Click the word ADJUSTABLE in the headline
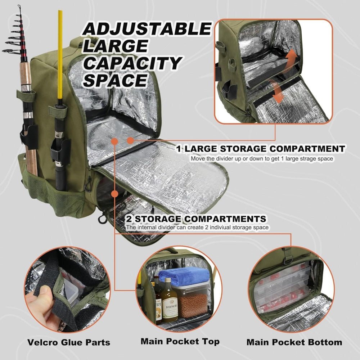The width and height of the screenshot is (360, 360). click(x=146, y=29)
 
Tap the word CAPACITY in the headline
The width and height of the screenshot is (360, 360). click(x=131, y=63)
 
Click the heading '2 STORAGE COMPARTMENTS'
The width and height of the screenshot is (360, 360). click(x=196, y=219)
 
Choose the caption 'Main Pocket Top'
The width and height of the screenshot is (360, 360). click(x=180, y=341)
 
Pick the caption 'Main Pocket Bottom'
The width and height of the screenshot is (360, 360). click(x=294, y=342)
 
